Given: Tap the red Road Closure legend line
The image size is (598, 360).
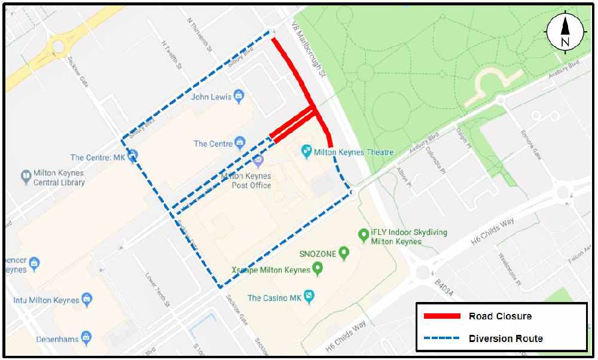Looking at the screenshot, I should pos(442,316).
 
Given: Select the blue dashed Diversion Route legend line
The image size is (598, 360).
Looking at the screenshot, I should pos(442,338).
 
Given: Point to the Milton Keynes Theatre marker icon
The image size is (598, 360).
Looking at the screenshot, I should pos(306,151).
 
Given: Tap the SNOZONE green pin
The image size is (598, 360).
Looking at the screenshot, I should pos(344,253).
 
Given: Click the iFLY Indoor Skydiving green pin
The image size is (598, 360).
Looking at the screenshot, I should pos(362,235).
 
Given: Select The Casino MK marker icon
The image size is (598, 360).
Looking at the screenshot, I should pos(309,296).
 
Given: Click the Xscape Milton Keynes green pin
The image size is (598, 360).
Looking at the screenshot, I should pos(318,269).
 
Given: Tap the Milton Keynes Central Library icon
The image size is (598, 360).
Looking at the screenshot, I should pos(26,176).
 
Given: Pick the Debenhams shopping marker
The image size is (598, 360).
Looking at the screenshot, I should pos(87,338).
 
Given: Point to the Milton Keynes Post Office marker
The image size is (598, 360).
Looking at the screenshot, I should pos(258,160).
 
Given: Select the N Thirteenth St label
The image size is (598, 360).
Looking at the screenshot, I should pos(200,35).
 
